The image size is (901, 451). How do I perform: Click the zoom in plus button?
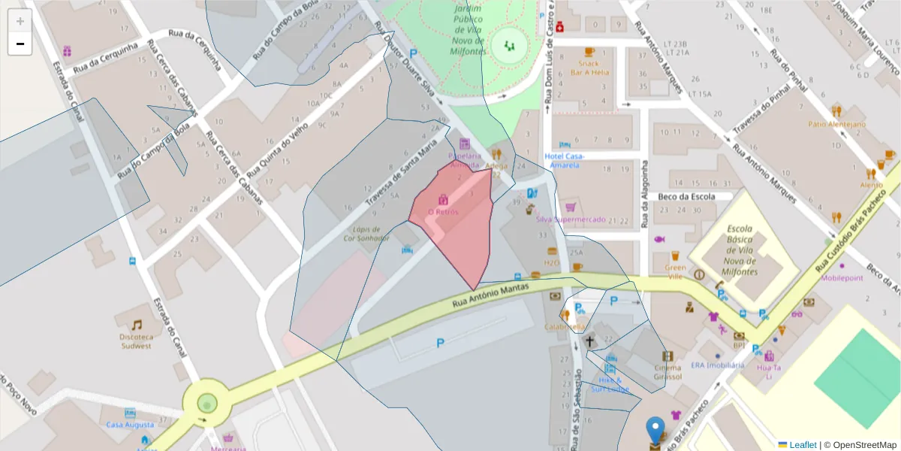click(20, 21)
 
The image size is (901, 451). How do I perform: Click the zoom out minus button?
click(20, 44)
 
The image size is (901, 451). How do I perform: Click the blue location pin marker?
click(655, 431)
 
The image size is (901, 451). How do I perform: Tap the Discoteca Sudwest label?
click(136, 341)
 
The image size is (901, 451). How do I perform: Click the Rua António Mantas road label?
click(496, 295)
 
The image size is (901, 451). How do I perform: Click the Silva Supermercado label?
click(571, 219)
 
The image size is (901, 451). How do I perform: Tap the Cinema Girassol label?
click(667, 371)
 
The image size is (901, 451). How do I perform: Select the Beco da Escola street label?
click(685, 196)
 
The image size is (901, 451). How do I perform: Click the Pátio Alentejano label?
click(836, 124)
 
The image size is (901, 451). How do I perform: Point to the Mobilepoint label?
click(842, 277)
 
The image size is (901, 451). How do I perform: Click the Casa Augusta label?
click(125, 425)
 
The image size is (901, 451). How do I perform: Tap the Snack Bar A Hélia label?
click(589, 68)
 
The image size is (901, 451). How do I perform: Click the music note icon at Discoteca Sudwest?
click(137, 325)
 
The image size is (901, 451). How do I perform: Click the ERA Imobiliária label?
click(718, 365)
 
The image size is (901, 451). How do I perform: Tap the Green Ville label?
click(676, 271)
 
